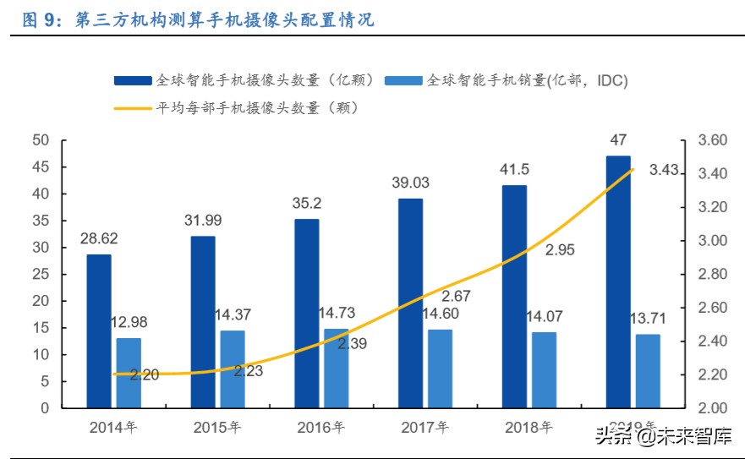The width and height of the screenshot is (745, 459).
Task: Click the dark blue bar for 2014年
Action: click(99, 331)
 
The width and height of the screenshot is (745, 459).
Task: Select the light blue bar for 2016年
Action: click(336, 368)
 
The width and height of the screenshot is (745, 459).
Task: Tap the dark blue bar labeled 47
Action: click(618, 281)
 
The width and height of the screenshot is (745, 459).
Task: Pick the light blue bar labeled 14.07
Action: click(544, 369)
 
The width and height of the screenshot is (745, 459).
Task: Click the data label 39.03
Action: click(410, 183)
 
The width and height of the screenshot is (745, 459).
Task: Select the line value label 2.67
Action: click(457, 295)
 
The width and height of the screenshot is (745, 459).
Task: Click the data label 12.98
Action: click(129, 322)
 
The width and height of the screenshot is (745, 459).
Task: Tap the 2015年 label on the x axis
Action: click(216, 428)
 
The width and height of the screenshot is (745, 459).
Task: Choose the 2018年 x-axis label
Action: click(528, 428)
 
